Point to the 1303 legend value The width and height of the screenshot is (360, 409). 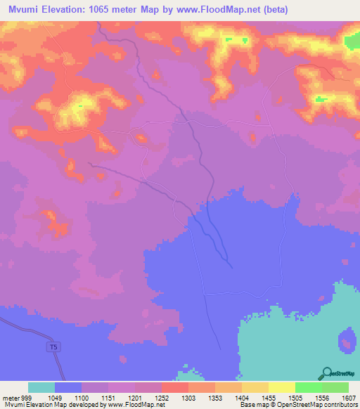click(189, 398)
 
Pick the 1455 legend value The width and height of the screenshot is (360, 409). click(269, 398)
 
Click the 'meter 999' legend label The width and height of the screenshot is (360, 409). click(15, 398)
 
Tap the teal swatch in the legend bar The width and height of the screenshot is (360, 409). click(41, 387)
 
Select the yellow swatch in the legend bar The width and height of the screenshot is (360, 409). click(281, 387)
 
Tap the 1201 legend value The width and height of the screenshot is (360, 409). click(136, 398)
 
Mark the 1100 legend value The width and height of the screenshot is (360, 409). click(82, 398)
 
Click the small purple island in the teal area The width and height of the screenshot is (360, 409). click(347, 342)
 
